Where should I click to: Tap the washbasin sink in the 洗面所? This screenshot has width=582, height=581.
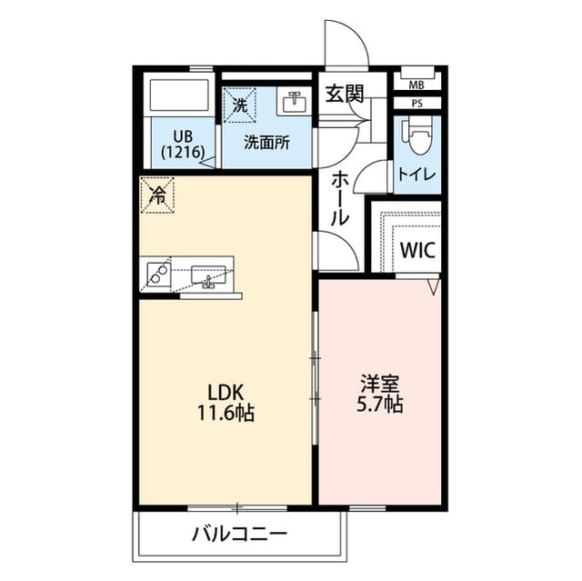pos(294,102)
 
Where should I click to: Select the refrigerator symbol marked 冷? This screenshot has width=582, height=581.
pos(157,195)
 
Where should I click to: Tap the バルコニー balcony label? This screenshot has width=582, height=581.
pos(239,534)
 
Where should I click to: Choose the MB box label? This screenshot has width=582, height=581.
pos(416,85)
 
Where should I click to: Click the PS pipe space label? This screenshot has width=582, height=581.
pos(416,103)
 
